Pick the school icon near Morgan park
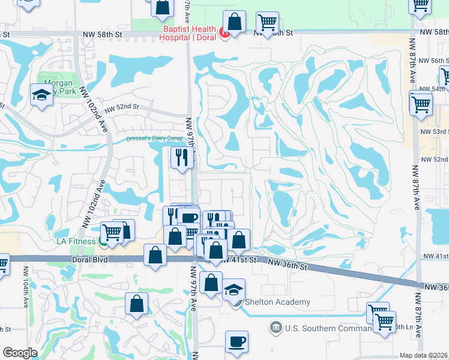pos(42,95)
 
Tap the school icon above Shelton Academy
pos(234,290)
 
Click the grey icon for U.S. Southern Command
pos(276,328)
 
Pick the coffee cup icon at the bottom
pos(237,342)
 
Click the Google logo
pos(20,353)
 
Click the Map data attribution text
pos(424,355)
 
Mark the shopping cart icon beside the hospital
pos(267,23)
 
